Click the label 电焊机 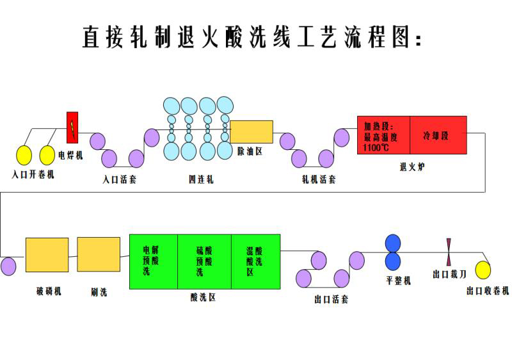coord(71,154)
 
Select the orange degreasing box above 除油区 coord(252,132)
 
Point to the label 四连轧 coord(198,180)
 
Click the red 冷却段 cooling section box coord(438,135)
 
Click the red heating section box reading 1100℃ coord(383,135)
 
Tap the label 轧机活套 coord(318,180)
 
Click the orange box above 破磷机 coord(47,255)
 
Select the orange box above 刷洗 coord(99,255)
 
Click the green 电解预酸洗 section coord(154,261)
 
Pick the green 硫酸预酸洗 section coord(204,261)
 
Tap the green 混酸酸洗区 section coord(255,261)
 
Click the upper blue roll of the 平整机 coord(392,244)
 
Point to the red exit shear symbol coord(449,251)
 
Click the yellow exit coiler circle coord(483,271)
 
